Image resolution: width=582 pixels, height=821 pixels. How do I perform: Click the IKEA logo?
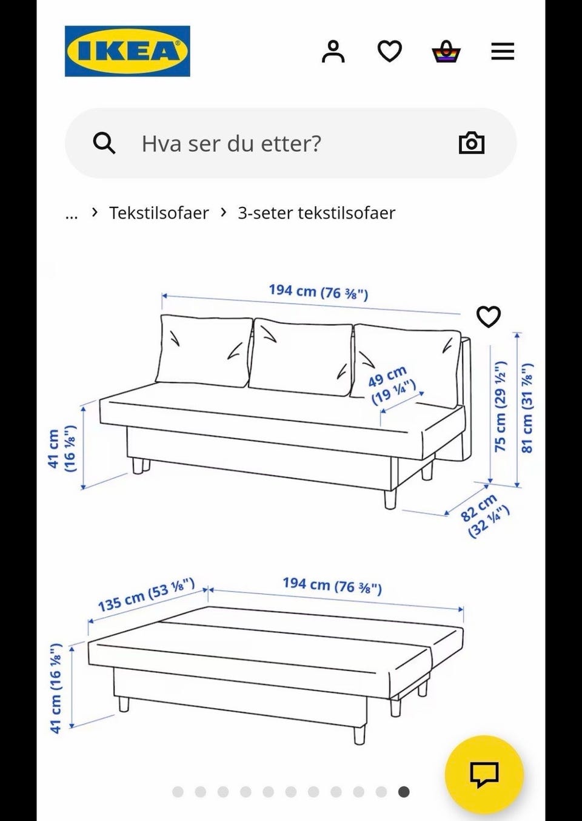tap(127, 51)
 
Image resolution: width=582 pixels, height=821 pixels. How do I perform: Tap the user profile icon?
tap(333, 52)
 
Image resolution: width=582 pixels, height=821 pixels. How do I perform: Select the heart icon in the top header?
tap(389, 52)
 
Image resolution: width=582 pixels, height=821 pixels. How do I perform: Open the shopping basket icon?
tap(446, 52)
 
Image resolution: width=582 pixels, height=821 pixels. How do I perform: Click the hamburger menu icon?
tap(502, 52)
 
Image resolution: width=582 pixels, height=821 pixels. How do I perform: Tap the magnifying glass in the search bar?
tap(104, 144)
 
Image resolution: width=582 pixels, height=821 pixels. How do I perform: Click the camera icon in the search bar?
tap(471, 143)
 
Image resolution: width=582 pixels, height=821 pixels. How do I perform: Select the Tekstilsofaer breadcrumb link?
tap(159, 213)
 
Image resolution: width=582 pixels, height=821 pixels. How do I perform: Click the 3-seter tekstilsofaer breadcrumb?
tap(316, 213)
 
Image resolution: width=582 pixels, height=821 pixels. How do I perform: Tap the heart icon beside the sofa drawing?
tap(488, 317)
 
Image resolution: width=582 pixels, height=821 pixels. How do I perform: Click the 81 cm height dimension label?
tap(527, 408)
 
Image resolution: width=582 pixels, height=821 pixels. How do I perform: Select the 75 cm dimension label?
tap(500, 407)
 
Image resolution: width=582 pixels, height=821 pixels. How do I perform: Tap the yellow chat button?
tap(484, 774)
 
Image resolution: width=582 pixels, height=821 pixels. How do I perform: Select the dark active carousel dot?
tap(404, 791)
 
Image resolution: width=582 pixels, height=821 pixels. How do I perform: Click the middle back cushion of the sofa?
tap(301, 355)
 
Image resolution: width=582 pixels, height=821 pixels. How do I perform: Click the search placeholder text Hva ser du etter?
tap(231, 144)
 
